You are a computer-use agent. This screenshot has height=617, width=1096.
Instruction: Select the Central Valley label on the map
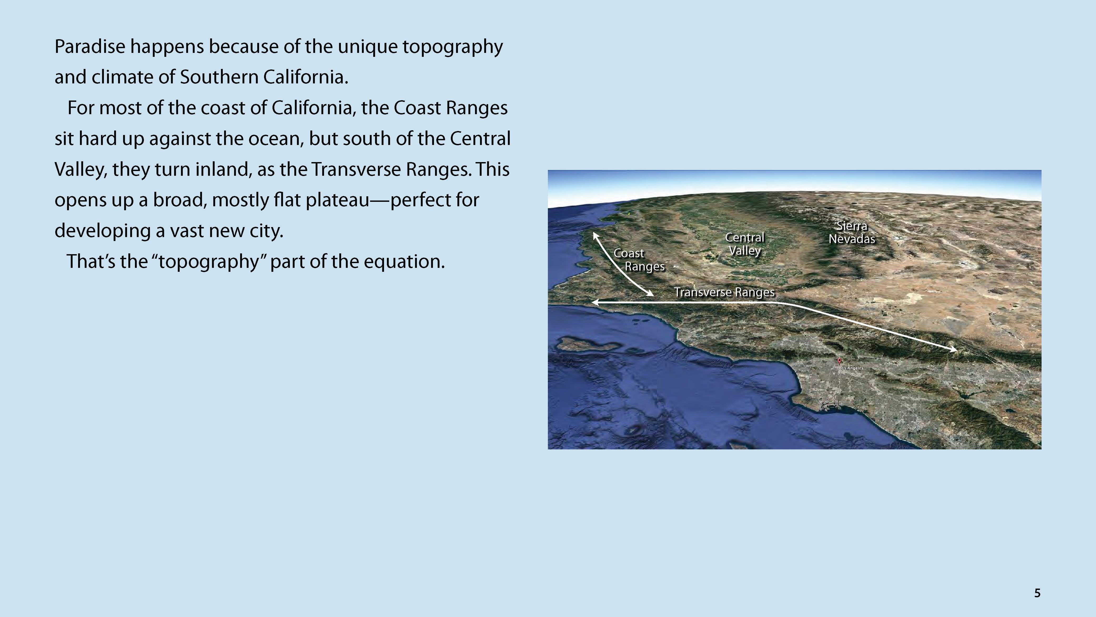745,244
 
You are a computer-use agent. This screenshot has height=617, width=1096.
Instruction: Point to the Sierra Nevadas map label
852,232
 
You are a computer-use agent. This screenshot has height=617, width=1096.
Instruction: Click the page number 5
1037,593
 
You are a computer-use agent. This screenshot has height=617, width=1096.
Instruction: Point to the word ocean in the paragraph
276,139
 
